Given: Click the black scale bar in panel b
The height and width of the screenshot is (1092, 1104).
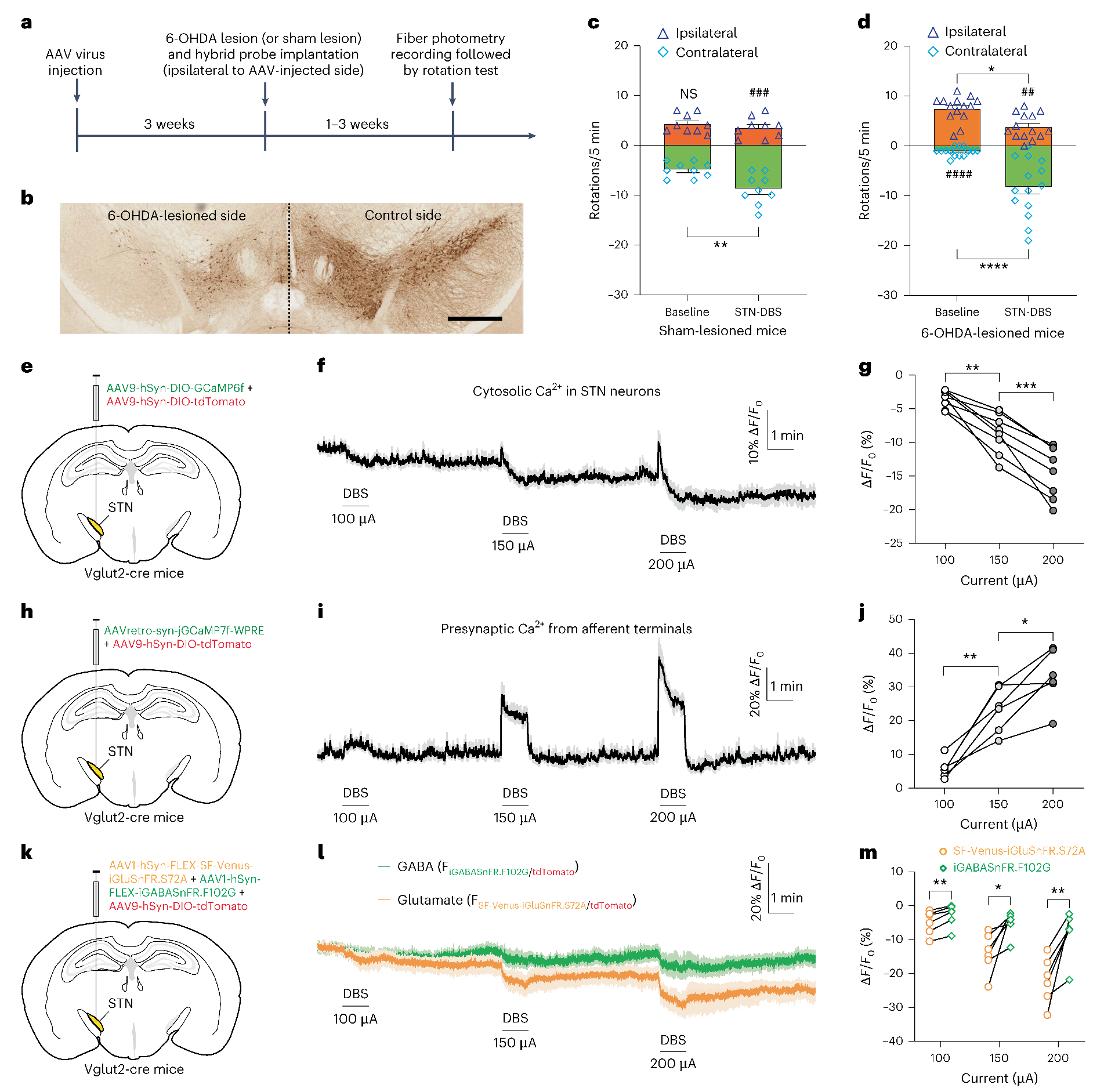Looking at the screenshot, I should [x=475, y=318].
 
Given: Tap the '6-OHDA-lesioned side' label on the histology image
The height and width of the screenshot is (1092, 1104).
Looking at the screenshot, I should [x=176, y=216].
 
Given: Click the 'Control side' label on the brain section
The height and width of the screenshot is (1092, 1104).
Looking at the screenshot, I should [x=403, y=215].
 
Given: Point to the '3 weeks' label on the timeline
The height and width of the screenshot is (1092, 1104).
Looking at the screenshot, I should [x=169, y=124].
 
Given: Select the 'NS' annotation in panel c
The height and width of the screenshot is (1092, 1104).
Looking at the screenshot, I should [x=688, y=94].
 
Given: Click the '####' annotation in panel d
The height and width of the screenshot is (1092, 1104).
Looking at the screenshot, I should [x=958, y=174].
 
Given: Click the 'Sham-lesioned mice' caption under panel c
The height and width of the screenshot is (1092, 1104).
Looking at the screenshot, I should [x=722, y=331].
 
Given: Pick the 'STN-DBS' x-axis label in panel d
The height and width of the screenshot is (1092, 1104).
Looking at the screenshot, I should [x=1027, y=312].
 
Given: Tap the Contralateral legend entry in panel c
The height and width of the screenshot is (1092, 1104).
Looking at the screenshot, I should [x=708, y=53].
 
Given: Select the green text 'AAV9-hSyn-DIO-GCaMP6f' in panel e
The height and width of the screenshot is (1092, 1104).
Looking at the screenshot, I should [x=175, y=388].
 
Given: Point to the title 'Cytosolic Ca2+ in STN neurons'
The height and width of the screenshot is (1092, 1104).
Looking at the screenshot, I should [x=566, y=391].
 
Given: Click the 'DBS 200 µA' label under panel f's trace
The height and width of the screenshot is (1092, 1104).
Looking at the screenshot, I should [x=672, y=552].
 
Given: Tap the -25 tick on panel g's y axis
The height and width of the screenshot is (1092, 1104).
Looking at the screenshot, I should [x=896, y=543].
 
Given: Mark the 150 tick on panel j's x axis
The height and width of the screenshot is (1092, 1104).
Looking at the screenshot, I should [x=998, y=804].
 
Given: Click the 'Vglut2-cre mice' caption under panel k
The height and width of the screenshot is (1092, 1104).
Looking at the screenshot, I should [x=134, y=1069].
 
